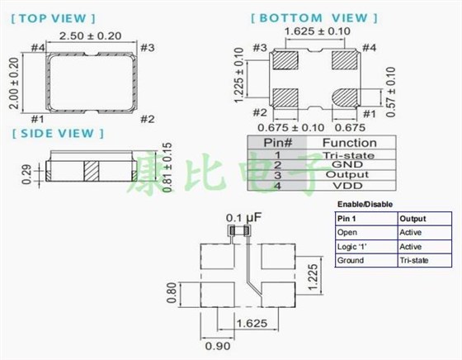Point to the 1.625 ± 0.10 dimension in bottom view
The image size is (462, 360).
[x=315, y=32]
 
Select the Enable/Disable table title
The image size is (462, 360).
[x=365, y=203]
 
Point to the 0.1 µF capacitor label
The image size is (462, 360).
[x=239, y=217]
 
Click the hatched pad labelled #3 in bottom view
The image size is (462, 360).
[x=285, y=60]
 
